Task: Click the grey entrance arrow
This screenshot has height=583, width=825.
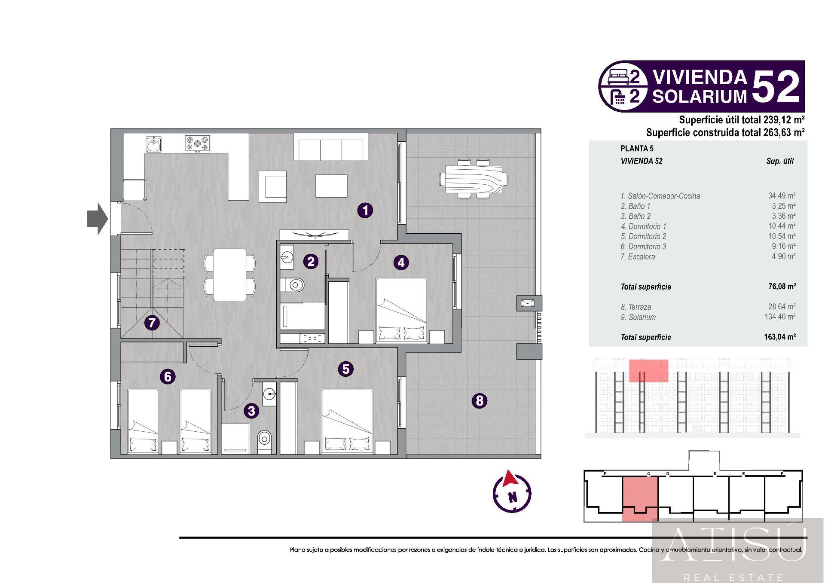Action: [x=98, y=219]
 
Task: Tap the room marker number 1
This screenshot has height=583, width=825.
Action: [x=365, y=211]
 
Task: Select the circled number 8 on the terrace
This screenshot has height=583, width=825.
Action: [x=480, y=401]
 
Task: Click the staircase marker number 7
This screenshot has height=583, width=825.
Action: [x=152, y=323]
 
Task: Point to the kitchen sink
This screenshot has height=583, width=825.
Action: [x=153, y=144]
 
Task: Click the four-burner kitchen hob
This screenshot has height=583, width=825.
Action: [x=198, y=144]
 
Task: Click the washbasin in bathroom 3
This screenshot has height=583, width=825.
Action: [x=269, y=393]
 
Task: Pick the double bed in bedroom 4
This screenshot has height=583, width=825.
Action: [x=402, y=311]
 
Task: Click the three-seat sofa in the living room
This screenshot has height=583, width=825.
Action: [x=331, y=147]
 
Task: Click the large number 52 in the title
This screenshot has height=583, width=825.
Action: [x=776, y=87]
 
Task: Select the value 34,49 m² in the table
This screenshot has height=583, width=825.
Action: [x=782, y=196]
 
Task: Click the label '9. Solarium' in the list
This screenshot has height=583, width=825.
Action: [x=638, y=317]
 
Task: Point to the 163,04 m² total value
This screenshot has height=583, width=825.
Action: [x=780, y=337]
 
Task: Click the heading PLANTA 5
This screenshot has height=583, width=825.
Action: [x=637, y=149]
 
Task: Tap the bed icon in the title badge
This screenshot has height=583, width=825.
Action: [x=618, y=77]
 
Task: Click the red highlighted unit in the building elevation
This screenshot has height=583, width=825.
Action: [x=648, y=371]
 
